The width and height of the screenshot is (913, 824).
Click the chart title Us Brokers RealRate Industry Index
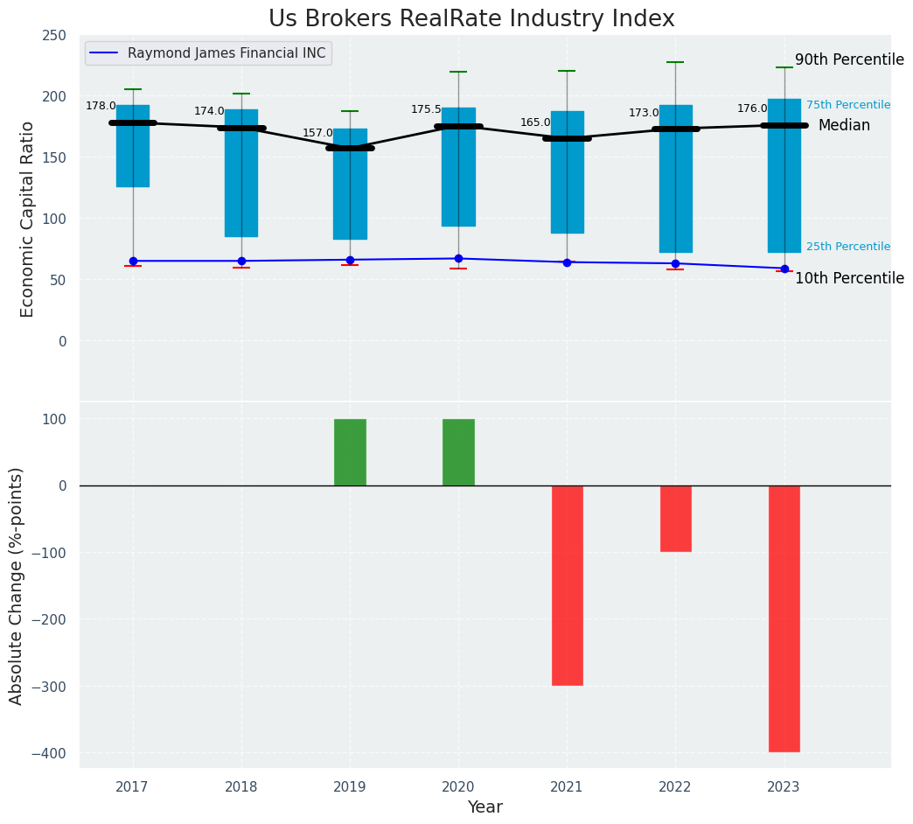[471, 19]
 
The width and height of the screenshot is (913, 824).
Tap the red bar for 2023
[784, 618]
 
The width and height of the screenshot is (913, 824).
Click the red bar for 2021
[567, 584]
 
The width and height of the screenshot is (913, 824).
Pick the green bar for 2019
[350, 452]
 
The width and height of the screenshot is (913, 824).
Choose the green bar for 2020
[458, 452]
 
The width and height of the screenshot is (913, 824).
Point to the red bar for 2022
[675, 518]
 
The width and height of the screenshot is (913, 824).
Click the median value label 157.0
[317, 133]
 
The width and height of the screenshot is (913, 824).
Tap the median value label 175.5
[426, 109]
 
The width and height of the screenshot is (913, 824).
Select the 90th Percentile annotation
[849, 60]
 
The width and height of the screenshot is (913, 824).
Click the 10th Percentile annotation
[849, 278]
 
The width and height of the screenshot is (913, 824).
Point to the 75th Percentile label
[848, 105]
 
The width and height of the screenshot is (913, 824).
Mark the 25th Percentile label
[848, 247]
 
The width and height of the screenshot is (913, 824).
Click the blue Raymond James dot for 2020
[458, 258]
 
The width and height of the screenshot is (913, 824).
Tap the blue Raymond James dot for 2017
[133, 261]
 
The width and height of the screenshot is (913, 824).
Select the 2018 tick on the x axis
[241, 787]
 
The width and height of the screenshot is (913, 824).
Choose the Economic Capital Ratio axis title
[27, 219]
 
